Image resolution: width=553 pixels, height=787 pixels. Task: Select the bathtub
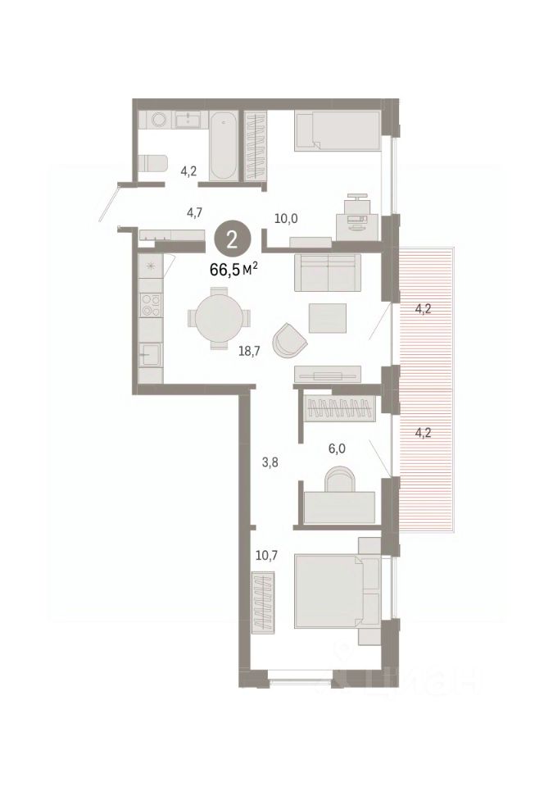tap(223, 146)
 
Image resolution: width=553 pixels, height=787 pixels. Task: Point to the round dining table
tap(219, 318)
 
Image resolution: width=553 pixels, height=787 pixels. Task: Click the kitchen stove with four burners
tap(152, 305)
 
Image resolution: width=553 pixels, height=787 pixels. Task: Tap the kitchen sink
tap(150, 354)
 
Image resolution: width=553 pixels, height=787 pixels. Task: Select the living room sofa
tap(328, 272)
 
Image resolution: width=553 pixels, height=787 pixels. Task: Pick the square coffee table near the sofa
tap(328, 318)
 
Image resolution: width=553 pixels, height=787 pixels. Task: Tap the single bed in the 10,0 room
tap(337, 130)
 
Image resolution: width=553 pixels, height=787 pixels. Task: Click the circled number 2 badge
tap(233, 241)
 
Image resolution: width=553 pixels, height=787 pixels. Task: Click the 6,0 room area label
tap(337, 448)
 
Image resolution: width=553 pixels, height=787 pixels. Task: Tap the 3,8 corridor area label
tap(270, 462)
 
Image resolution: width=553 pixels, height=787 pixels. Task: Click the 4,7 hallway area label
tap(194, 213)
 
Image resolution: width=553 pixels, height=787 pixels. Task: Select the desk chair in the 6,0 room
tap(341, 480)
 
